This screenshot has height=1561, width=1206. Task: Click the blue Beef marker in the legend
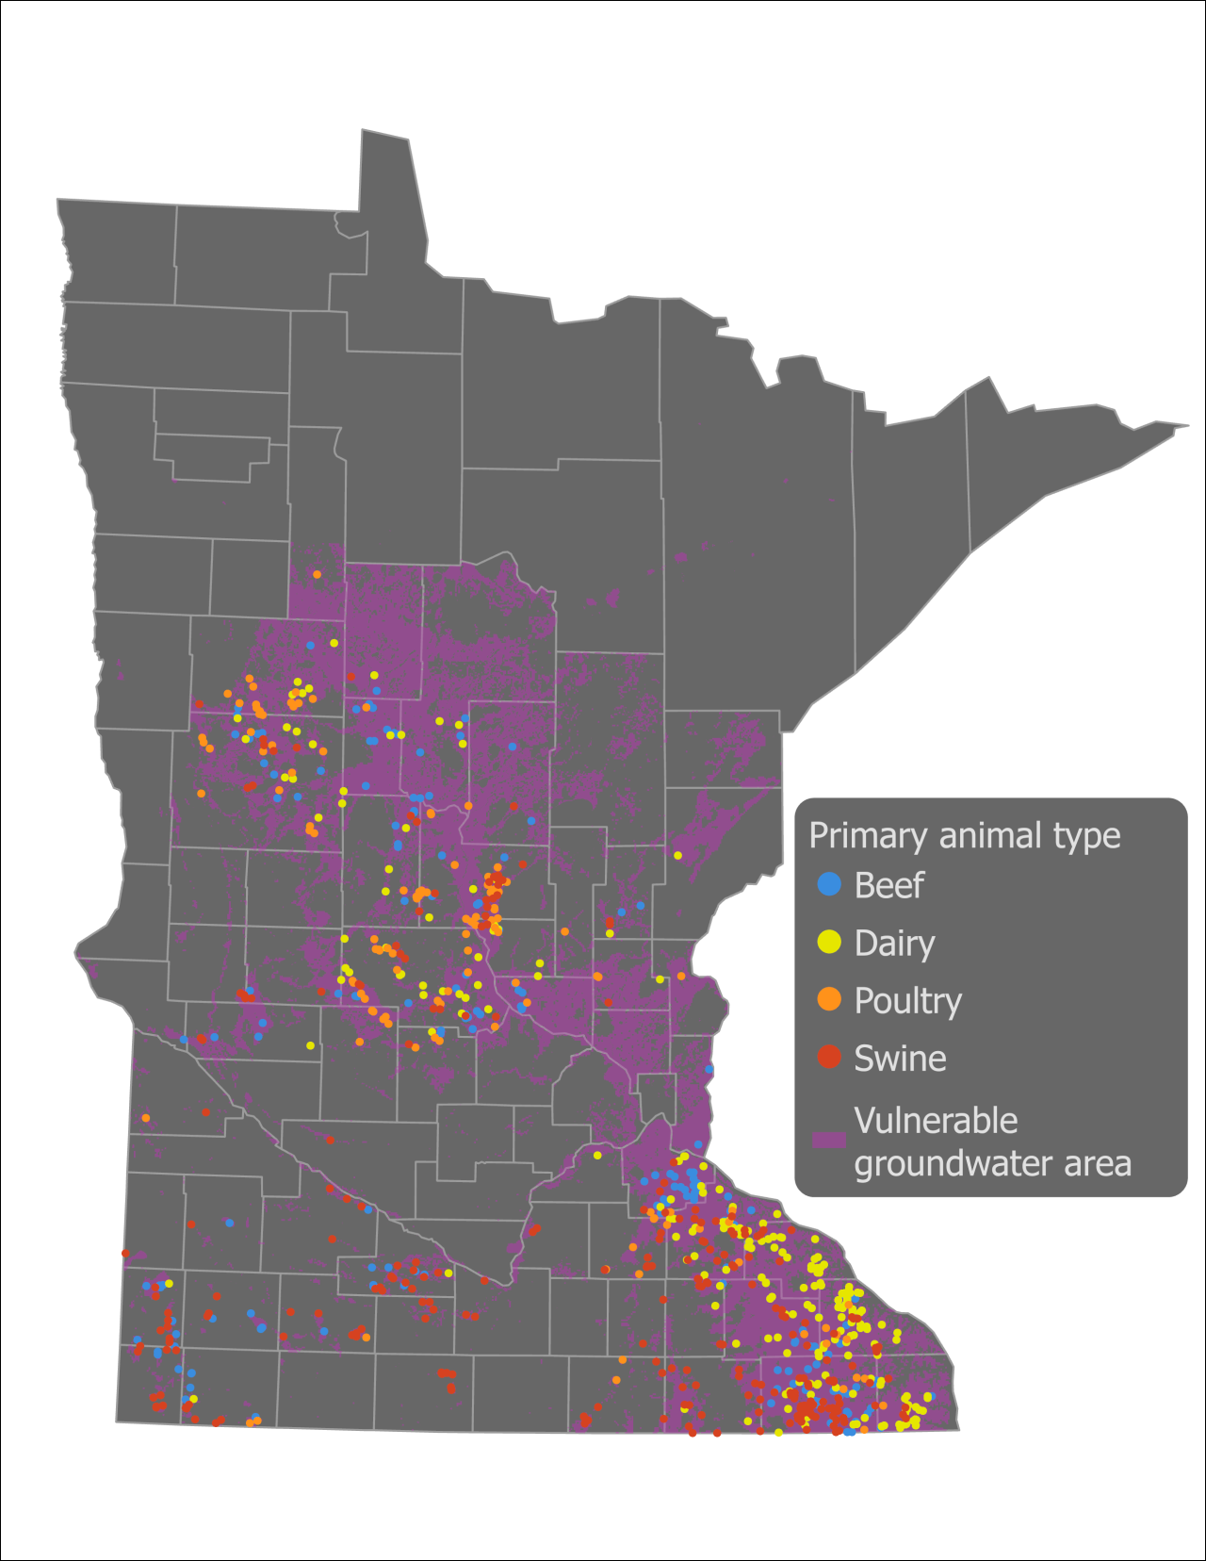point(829,884)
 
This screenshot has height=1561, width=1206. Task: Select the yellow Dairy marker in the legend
point(829,942)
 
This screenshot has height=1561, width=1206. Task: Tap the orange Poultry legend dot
point(829,999)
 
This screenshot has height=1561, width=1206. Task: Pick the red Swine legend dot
point(829,1057)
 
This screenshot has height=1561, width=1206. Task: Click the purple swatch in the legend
point(828,1140)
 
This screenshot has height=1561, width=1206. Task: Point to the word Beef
point(888,886)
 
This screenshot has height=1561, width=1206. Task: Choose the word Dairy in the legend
point(894,944)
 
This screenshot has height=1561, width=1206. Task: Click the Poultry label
point(907,1001)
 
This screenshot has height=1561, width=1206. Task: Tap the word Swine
point(900,1059)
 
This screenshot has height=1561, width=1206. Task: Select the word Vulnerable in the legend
point(936,1121)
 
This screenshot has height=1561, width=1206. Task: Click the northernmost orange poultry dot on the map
point(318,574)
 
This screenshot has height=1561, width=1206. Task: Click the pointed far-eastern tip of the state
point(1186,425)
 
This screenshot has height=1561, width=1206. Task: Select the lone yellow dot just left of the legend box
point(677,856)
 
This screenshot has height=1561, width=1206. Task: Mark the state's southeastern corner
point(958,1428)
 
